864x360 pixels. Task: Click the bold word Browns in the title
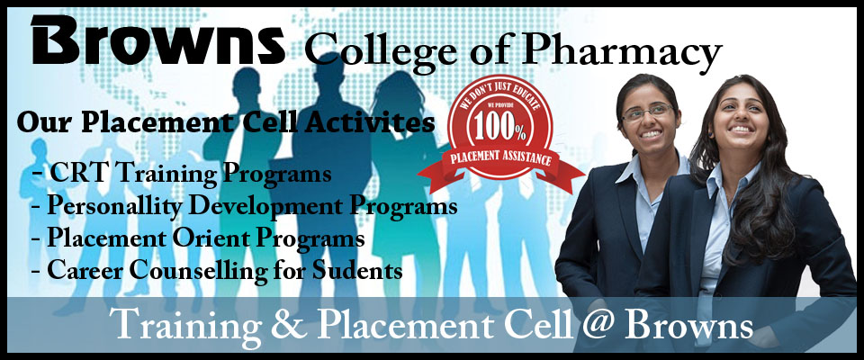(158, 40)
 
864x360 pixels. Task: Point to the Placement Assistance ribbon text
(501, 159)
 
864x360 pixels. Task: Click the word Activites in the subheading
(369, 122)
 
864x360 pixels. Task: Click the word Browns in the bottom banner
(688, 326)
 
